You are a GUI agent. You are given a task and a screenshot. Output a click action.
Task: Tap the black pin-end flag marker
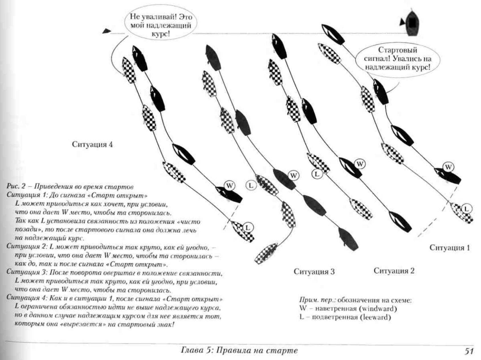click(106, 31)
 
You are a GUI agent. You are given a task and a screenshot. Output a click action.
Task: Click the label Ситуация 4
click(92, 145)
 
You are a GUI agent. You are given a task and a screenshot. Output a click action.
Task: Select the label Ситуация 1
click(449, 248)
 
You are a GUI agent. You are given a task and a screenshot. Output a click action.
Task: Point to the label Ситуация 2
click(394, 270)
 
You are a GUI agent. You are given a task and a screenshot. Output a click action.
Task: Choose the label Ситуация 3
click(314, 271)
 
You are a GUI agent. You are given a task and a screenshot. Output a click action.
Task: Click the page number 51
click(469, 351)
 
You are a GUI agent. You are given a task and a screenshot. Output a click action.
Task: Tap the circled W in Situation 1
click(448, 167)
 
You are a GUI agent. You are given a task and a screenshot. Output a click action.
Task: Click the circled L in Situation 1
click(466, 209)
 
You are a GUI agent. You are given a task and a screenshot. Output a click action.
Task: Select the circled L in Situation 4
click(248, 227)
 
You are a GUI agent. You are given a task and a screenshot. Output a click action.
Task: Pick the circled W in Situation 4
click(229, 186)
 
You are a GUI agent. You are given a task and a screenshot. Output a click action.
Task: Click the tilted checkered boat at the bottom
click(266, 253)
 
